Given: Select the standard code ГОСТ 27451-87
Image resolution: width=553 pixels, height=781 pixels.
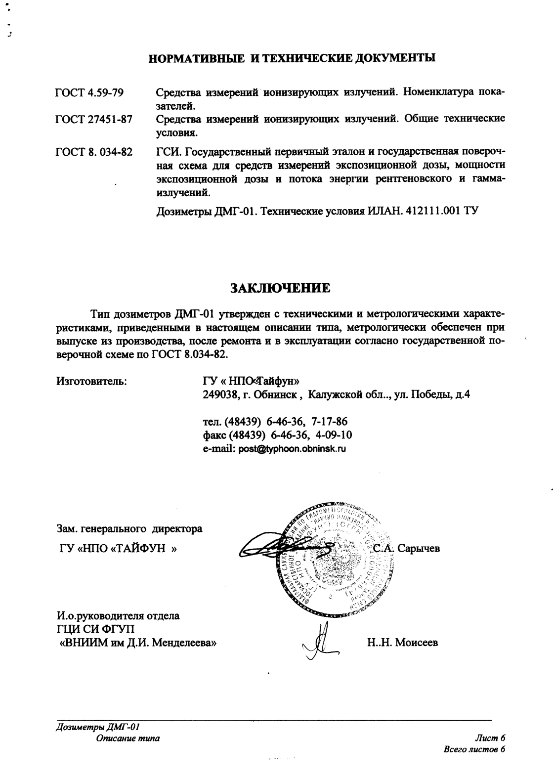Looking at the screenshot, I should coord(93,120).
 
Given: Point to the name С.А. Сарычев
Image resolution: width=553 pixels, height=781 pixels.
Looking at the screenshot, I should coord(406,548).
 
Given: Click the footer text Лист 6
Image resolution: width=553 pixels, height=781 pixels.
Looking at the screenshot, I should coord(490,738).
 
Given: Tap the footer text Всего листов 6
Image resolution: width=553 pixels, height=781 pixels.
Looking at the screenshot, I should coord(475,749).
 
